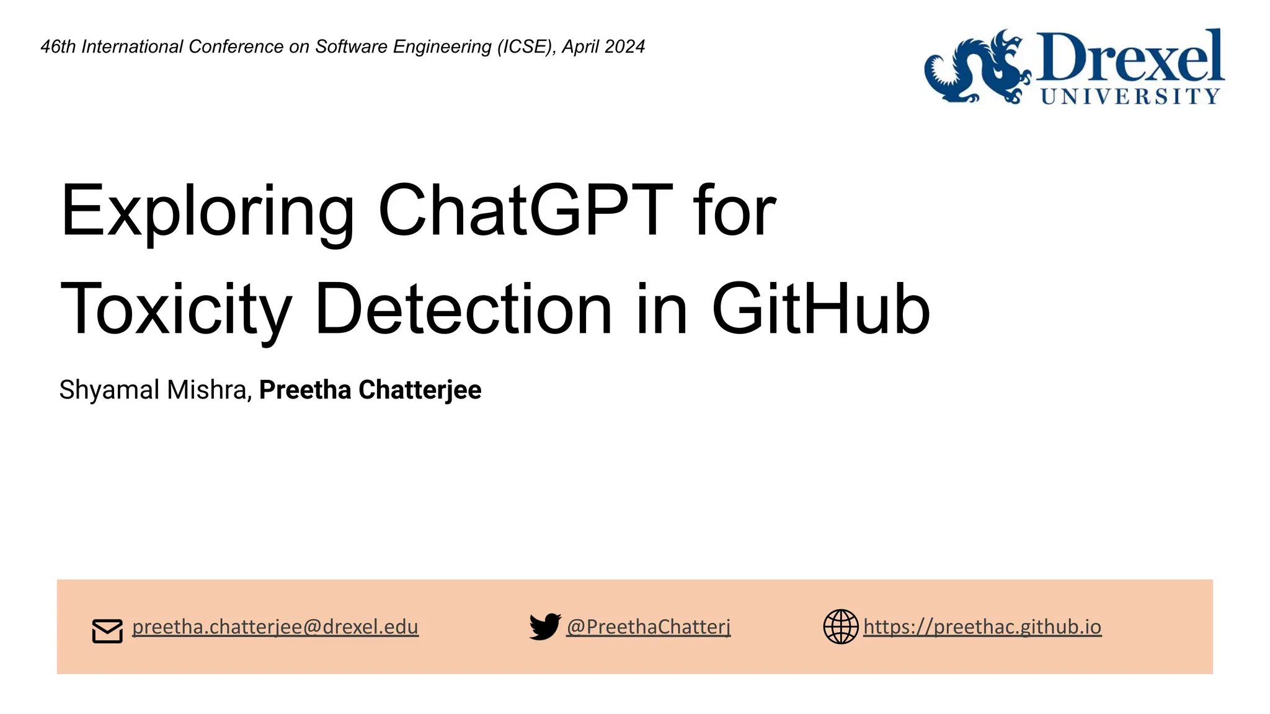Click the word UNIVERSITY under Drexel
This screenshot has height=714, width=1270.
point(1130,96)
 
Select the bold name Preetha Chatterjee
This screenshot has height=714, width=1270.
point(370,390)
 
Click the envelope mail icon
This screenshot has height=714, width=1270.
point(107,631)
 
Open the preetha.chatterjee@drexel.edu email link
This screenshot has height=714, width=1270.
point(275,627)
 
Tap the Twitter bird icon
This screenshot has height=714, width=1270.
point(544,627)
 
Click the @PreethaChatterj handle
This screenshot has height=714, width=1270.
point(649,627)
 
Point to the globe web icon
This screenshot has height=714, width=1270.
point(840,627)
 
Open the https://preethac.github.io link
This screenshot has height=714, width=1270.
point(982,627)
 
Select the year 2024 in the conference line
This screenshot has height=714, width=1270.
point(624,46)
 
